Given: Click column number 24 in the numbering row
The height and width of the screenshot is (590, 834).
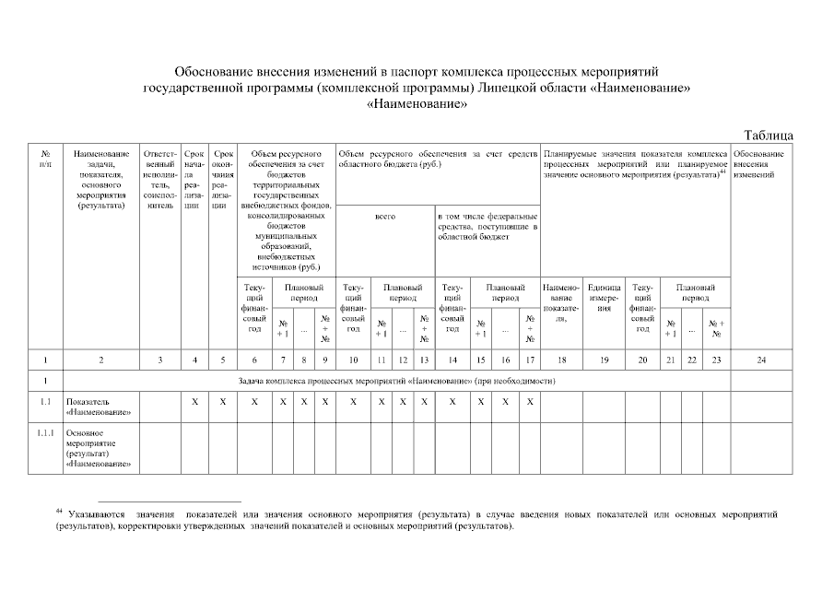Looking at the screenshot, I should click(x=760, y=360).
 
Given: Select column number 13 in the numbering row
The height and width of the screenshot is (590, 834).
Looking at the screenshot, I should click(x=424, y=360).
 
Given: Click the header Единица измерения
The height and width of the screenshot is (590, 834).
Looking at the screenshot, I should click(x=605, y=297).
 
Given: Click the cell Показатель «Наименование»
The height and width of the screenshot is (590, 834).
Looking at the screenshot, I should click(x=97, y=407).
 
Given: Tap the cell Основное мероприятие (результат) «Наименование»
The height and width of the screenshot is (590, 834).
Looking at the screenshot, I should click(x=97, y=448).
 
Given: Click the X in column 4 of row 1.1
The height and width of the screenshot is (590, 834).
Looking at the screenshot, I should click(x=194, y=402).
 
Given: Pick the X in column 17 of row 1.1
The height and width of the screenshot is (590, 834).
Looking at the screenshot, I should click(x=530, y=402).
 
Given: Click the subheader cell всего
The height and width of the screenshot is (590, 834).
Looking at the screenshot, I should click(x=384, y=217).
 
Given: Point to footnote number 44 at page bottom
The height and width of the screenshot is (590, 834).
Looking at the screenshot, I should click(x=60, y=510).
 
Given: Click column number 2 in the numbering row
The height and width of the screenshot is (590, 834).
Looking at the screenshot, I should click(x=100, y=360).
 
